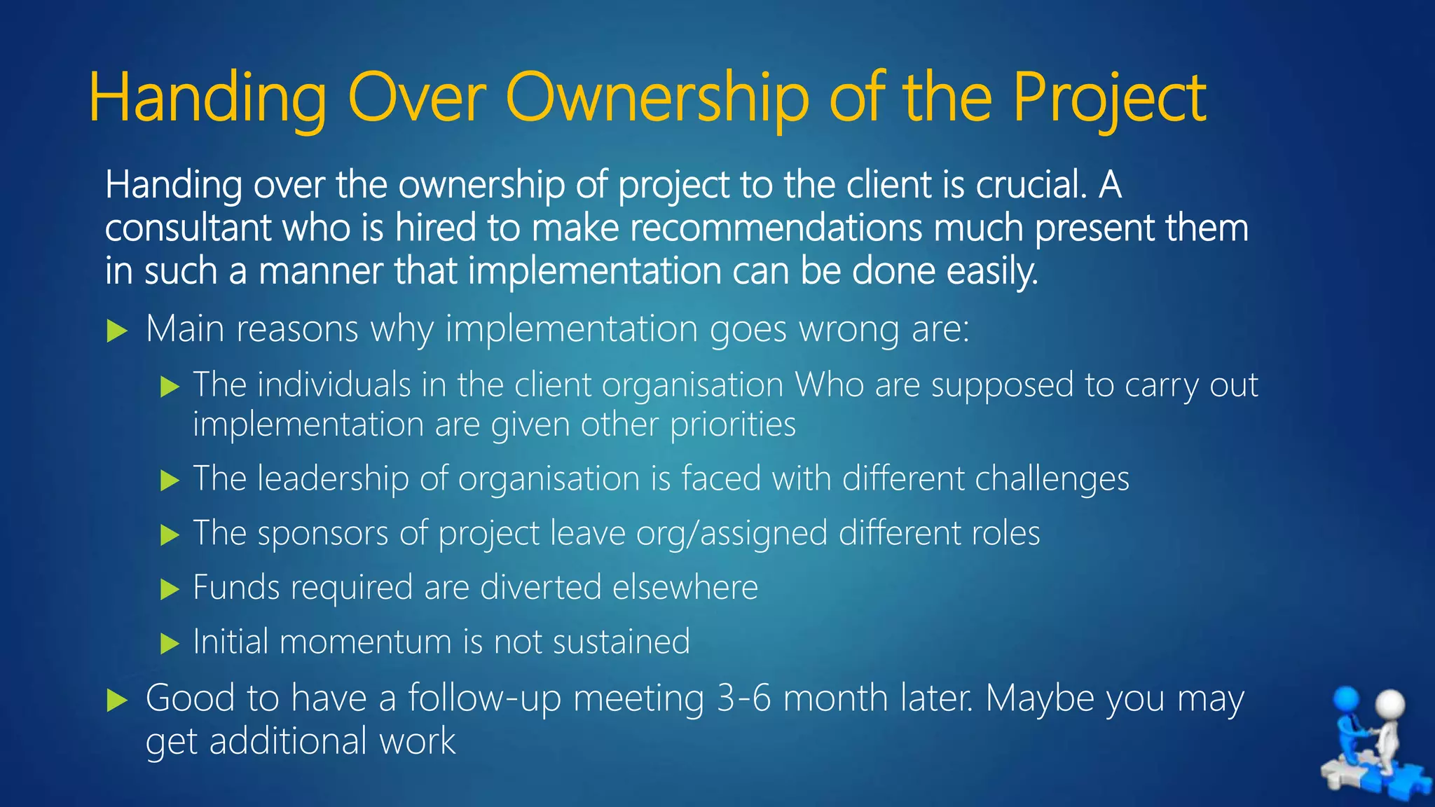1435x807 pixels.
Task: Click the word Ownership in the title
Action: tap(657, 98)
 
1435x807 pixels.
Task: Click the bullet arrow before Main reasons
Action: tap(117, 331)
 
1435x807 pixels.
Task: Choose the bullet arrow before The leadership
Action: tap(170, 481)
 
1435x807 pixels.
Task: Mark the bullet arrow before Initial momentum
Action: tap(170, 644)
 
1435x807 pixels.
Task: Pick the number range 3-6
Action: tap(744, 698)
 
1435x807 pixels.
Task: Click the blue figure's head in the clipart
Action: tap(1346, 699)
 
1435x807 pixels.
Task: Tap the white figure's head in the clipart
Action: tap(1390, 704)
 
